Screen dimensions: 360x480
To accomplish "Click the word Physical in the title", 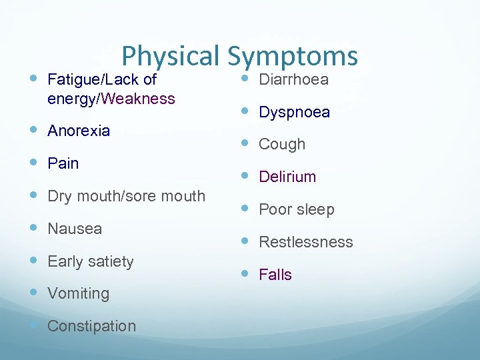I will (170, 56).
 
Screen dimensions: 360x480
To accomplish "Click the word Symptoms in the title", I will (293, 56).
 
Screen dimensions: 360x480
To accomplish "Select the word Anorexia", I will (79, 131).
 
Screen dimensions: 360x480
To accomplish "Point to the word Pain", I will (63, 163).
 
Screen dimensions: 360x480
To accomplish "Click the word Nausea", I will (75, 229).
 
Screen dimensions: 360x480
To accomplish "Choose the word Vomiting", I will (79, 294).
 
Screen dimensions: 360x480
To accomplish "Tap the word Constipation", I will (91, 327).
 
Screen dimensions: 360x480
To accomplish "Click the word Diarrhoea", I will (293, 80).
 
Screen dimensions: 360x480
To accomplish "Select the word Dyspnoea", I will (294, 113).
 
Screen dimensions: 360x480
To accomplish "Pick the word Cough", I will (282, 145).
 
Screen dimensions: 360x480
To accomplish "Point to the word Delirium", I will (287, 177).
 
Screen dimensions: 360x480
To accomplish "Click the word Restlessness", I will (306, 242).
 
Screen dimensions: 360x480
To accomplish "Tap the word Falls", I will (275, 275).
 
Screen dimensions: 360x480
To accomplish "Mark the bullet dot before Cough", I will (245, 143).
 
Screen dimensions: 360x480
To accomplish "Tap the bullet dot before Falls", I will (245, 273).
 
